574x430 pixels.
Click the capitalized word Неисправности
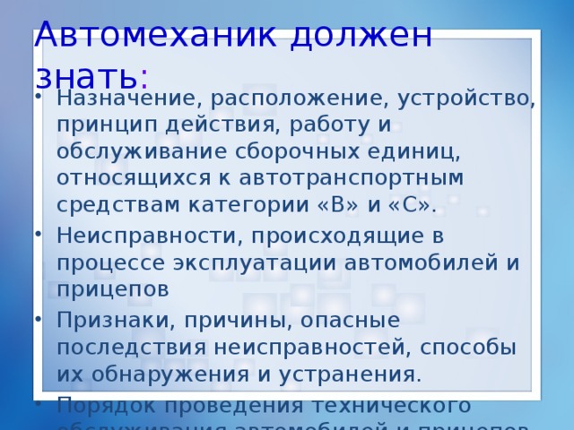pos(148,236)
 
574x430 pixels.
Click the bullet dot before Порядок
pos(42,405)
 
